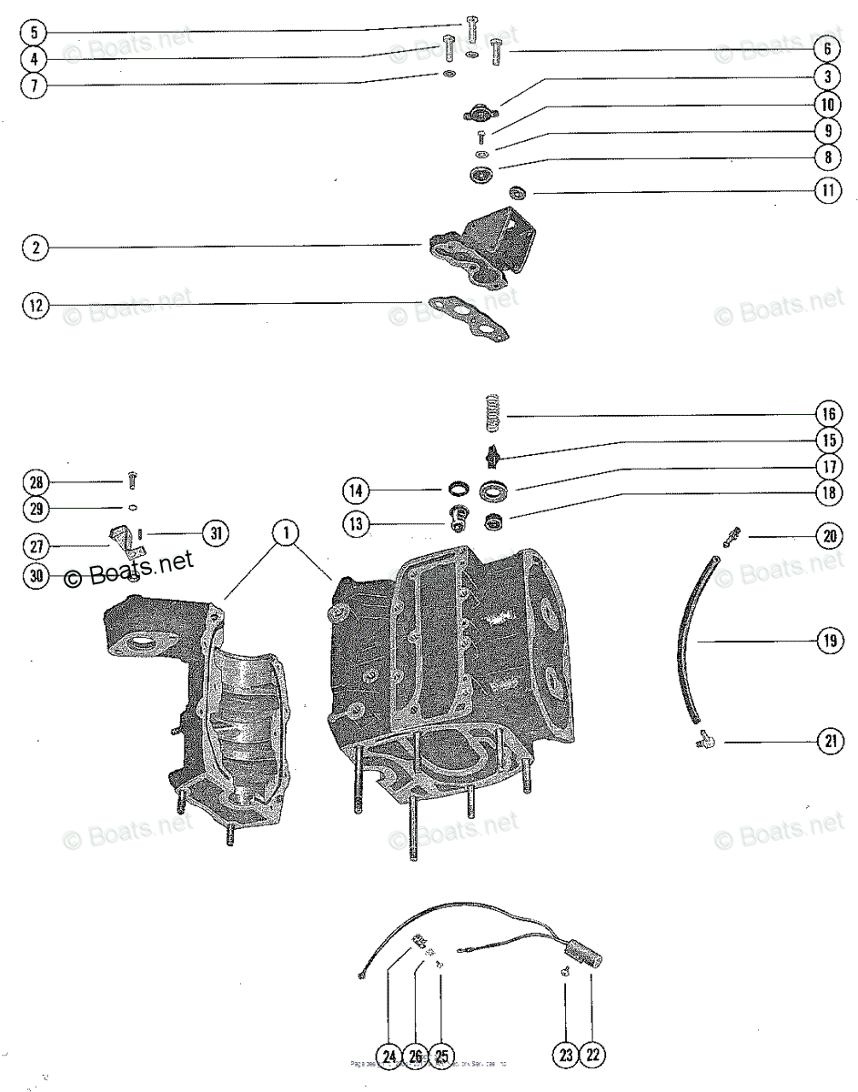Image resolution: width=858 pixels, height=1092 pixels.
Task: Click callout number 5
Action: tap(35, 33)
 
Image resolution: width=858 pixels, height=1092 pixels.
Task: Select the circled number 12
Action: tap(35, 306)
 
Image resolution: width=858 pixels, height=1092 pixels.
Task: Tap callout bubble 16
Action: tap(828, 414)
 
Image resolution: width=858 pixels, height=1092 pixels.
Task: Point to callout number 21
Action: tap(828, 742)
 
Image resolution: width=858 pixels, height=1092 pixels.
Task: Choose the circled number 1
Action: tap(286, 532)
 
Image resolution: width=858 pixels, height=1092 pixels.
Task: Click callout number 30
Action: tap(35, 576)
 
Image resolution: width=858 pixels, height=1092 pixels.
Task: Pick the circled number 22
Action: tap(592, 1056)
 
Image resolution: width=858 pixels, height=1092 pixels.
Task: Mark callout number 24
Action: tap(389, 1056)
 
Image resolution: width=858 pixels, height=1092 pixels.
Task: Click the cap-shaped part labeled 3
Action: tap(476, 114)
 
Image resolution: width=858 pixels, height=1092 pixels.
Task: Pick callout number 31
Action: tap(215, 533)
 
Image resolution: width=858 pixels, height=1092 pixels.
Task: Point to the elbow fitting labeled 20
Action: tap(732, 536)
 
